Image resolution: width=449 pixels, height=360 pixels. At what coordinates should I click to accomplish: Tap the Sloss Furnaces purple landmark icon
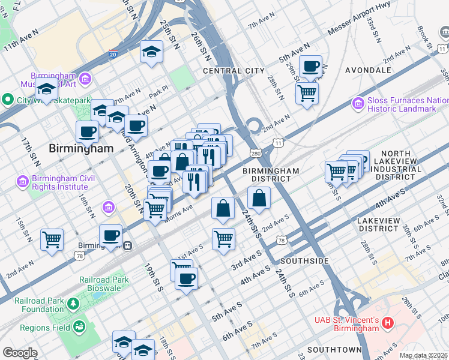tap(358, 104)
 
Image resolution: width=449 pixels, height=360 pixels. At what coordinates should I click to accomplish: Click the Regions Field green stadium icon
tap(78, 327)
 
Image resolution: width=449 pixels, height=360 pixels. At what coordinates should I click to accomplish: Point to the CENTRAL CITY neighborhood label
tap(234, 71)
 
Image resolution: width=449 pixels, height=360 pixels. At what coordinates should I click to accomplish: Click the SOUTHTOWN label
tap(334, 349)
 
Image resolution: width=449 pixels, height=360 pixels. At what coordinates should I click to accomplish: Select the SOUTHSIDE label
tap(305, 261)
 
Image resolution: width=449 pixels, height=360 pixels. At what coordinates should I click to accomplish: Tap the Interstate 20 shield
tap(113, 54)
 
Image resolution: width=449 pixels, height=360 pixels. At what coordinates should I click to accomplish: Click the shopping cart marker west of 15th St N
tap(52, 239)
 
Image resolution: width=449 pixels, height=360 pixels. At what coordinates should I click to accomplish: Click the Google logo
tap(20, 353)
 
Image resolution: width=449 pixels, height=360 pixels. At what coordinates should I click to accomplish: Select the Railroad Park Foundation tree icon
tap(73, 304)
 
